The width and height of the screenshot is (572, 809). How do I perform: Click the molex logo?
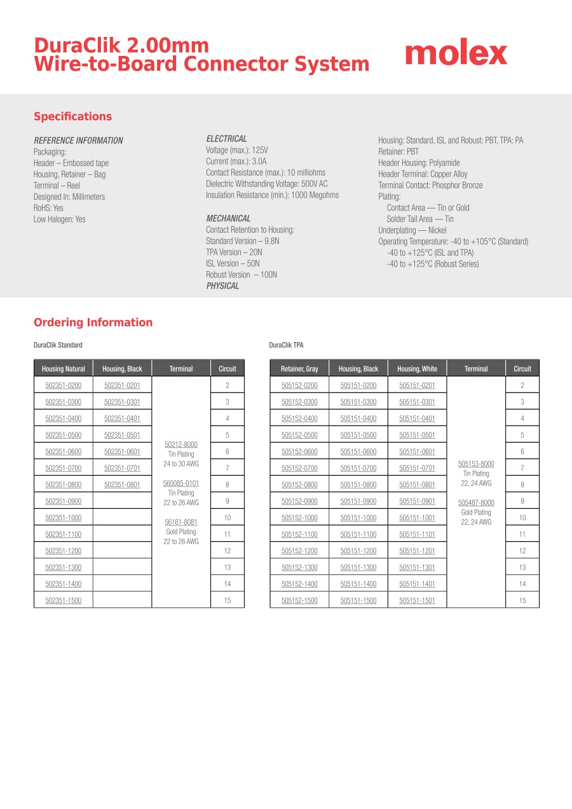coord(456,54)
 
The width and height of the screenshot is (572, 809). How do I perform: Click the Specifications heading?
coord(72,116)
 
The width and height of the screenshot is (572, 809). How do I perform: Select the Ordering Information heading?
coord(93,322)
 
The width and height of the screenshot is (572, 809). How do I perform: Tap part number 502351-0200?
coord(64,385)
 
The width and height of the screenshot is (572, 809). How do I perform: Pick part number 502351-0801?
coord(122,485)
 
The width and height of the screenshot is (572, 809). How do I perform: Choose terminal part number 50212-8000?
coord(181,445)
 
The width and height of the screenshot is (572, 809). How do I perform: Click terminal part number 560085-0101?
coord(181,483)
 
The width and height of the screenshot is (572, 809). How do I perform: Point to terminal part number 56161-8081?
coord(181,522)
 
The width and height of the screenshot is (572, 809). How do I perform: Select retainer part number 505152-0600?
coord(299,452)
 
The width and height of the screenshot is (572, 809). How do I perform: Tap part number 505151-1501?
coord(417,600)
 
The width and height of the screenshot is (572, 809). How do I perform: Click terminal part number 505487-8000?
coord(476,502)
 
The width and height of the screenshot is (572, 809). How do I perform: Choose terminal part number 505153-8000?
coord(476,464)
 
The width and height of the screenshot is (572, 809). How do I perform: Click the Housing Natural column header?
coord(64,369)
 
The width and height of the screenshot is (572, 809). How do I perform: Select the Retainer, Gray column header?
coord(299,369)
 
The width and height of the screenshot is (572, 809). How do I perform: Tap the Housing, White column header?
coord(417,369)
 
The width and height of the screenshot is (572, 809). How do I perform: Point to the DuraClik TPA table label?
coord(286,345)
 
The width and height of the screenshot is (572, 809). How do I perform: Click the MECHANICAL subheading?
coord(228,218)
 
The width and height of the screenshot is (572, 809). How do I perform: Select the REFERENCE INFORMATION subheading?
coord(78,141)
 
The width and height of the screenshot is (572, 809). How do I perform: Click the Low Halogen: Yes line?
coord(59,219)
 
